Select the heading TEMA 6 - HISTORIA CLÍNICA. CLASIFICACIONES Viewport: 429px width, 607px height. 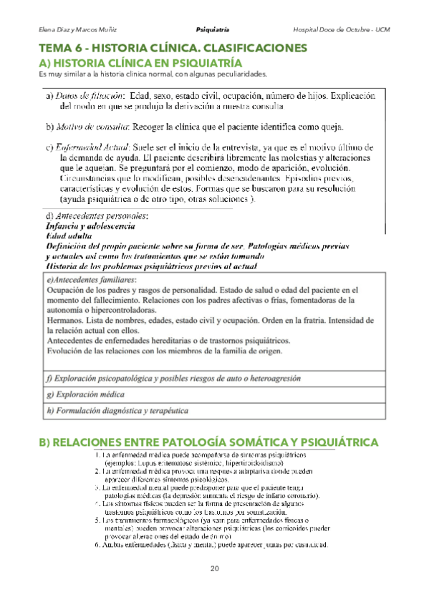(173, 49)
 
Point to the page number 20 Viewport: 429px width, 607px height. (214, 568)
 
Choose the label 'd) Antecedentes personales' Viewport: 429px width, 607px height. (97, 215)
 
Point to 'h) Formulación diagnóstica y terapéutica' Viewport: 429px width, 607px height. (117, 411)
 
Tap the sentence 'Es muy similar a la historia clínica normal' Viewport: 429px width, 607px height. (153, 74)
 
